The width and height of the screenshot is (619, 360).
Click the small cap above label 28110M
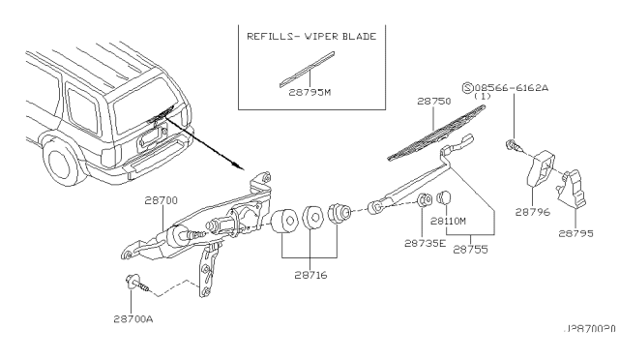click(446, 200)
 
